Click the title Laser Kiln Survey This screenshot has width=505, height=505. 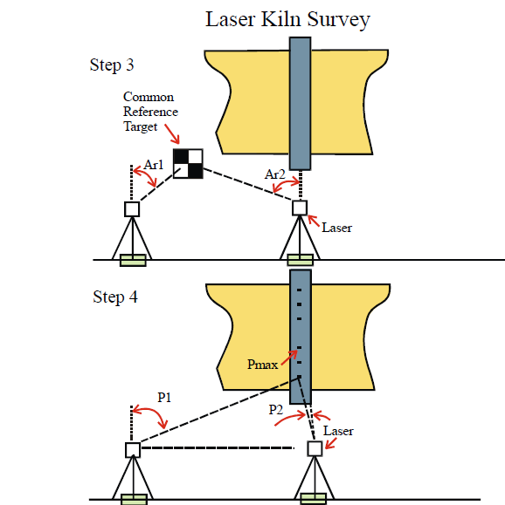[x=287, y=20]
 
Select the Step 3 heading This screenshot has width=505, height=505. [x=112, y=65]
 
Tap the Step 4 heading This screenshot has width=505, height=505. [x=115, y=297]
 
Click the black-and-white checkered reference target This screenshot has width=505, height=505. [x=188, y=164]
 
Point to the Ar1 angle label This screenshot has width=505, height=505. [x=154, y=165]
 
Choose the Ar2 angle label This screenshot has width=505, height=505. [x=275, y=174]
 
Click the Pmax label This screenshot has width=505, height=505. [x=262, y=365]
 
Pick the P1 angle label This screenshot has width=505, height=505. [x=164, y=398]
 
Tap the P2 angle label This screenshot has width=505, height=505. [x=276, y=410]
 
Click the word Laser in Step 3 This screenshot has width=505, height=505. [x=337, y=228]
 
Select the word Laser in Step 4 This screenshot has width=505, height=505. [x=338, y=431]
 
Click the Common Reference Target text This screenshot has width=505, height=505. [x=150, y=112]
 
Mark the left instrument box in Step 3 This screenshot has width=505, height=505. [x=132, y=209]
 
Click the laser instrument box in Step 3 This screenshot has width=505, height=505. [x=300, y=208]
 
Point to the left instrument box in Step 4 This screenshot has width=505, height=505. [x=133, y=449]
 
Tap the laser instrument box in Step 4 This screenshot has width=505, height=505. [x=315, y=448]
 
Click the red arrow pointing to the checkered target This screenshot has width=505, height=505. [x=172, y=134]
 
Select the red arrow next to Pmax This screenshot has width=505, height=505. [x=289, y=358]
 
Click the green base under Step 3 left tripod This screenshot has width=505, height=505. [x=133, y=260]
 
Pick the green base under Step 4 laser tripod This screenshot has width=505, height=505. [x=314, y=499]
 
